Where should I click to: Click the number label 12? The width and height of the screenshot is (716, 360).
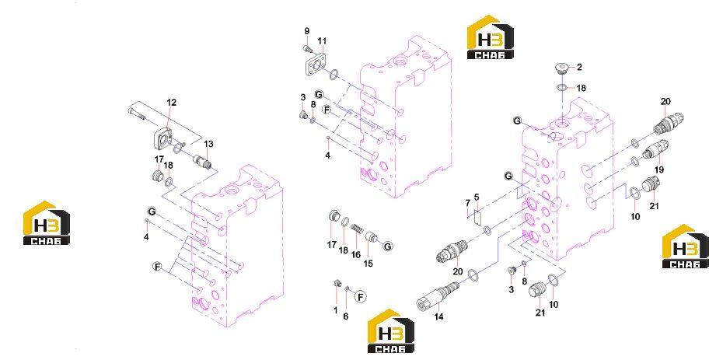pyautogui.click(x=171, y=103)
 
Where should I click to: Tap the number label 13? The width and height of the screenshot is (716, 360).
pyautogui.click(x=208, y=144)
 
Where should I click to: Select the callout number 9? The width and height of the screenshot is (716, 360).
pyautogui.click(x=307, y=31)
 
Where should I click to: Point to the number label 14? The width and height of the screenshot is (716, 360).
pyautogui.click(x=438, y=316)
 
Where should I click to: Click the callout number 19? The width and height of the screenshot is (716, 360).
pyautogui.click(x=658, y=170)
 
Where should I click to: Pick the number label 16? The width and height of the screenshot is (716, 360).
pyautogui.click(x=356, y=255)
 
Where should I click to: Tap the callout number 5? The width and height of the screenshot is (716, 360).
pyautogui.click(x=477, y=197)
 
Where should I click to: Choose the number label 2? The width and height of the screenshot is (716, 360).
pyautogui.click(x=579, y=67)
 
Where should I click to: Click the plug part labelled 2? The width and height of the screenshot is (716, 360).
pyautogui.click(x=561, y=69)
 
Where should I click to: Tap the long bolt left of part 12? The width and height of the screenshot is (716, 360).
pyautogui.click(x=137, y=113)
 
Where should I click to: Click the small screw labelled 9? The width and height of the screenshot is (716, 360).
pyautogui.click(x=306, y=48)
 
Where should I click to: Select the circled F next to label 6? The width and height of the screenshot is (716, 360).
pyautogui.click(x=361, y=298)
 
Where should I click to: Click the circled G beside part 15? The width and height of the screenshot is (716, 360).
pyautogui.click(x=388, y=246)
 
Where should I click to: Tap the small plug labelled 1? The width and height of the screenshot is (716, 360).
pyautogui.click(x=338, y=283)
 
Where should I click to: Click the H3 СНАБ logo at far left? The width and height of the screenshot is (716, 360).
pyautogui.click(x=46, y=223)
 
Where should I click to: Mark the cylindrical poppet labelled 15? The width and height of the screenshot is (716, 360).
pyautogui.click(x=372, y=237)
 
